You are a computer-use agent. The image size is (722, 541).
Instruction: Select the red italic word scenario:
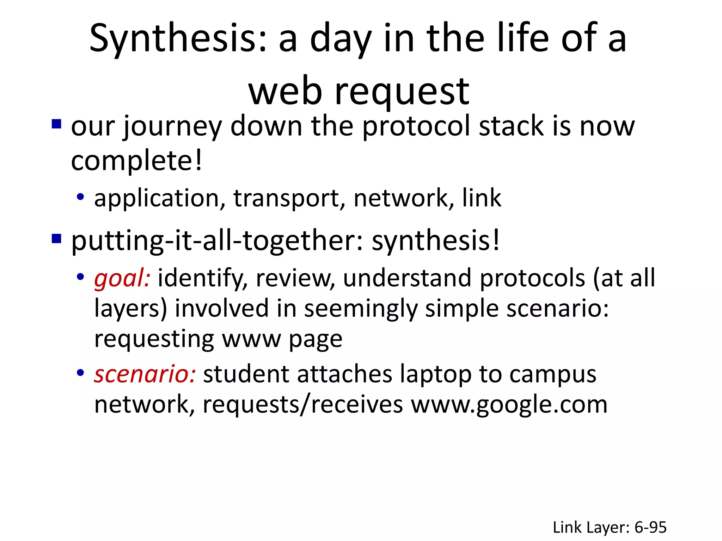coord(145,374)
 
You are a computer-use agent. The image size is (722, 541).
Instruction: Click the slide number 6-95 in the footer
coord(650,527)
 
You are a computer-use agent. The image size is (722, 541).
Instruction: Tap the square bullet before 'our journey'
coord(56,124)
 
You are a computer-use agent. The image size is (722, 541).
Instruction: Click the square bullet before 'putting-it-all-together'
coord(56,239)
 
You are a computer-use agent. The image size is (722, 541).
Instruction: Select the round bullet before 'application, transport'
coord(80,197)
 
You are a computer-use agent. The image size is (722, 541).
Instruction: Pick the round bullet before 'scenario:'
coord(80,372)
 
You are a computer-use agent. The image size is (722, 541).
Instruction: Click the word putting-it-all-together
coord(215,241)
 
